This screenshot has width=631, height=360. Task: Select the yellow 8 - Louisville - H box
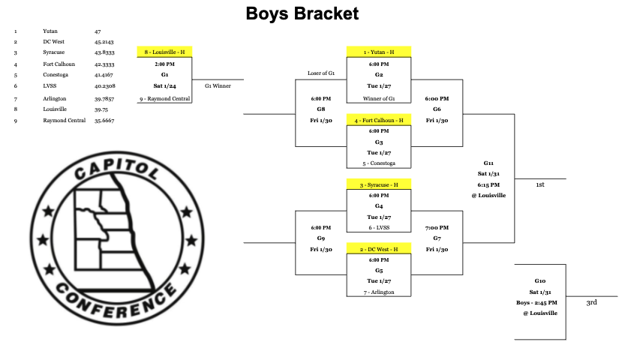click(x=164, y=52)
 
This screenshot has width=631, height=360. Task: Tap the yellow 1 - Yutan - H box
click(x=378, y=52)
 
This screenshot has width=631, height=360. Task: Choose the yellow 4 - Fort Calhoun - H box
click(x=378, y=120)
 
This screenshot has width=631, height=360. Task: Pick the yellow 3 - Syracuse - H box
click(x=378, y=184)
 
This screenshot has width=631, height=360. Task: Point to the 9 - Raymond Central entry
click(x=164, y=98)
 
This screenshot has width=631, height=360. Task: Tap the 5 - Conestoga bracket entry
click(x=378, y=163)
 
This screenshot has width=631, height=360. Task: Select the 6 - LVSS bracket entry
click(x=378, y=227)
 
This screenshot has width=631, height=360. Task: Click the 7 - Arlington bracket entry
click(x=378, y=292)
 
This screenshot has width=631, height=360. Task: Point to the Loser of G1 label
click(x=321, y=73)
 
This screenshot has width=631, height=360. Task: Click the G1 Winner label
click(x=218, y=85)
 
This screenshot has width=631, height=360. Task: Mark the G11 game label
click(x=488, y=162)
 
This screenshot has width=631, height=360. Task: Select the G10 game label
click(x=540, y=280)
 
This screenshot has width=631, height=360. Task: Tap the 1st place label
click(x=540, y=184)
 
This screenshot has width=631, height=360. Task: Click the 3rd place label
click(x=592, y=302)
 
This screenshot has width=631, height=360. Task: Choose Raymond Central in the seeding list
click(x=63, y=120)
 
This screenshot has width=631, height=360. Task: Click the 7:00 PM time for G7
click(x=437, y=227)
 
